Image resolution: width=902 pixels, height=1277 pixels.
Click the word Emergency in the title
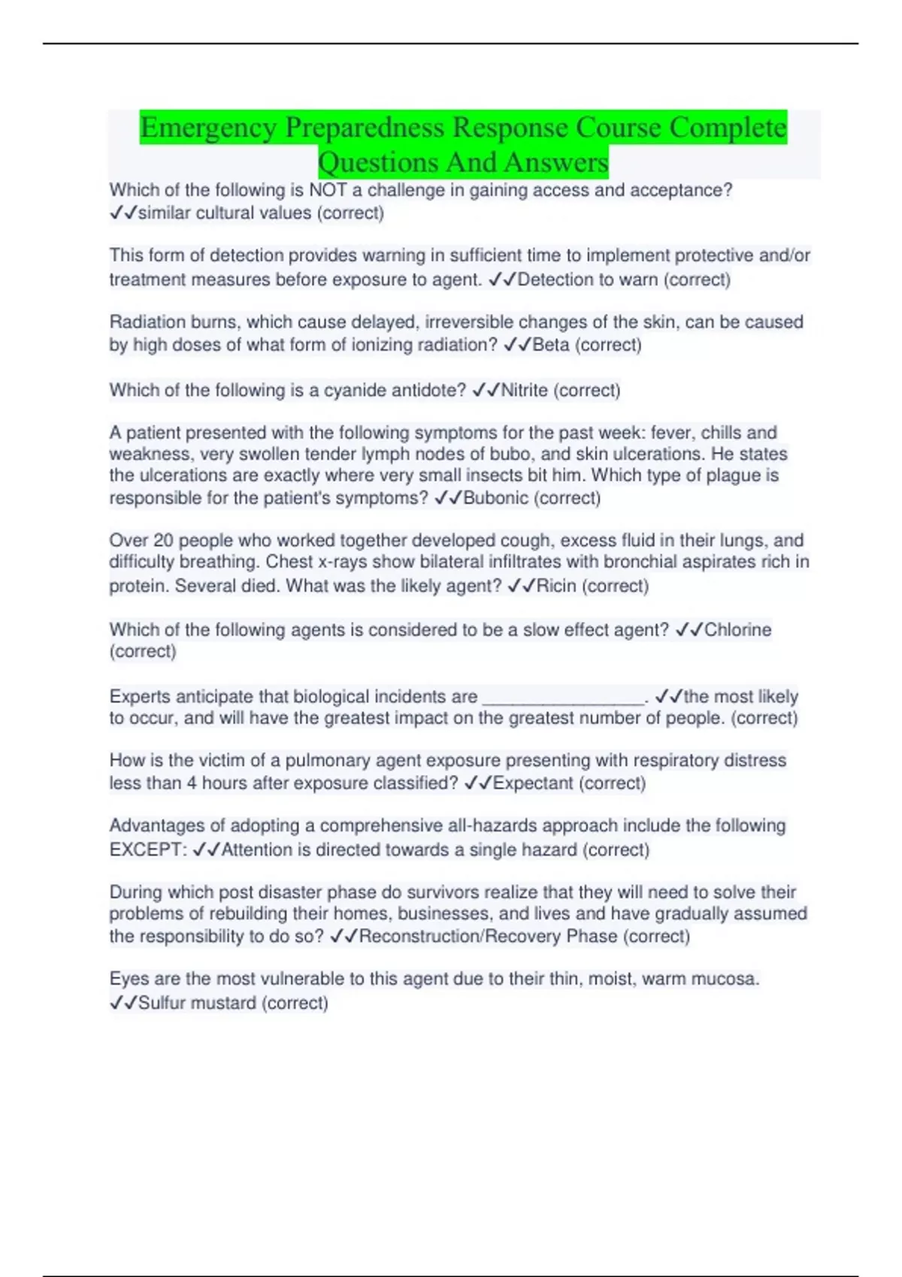pyautogui.click(x=208, y=128)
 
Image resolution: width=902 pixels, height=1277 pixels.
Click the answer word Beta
pyautogui.click(x=550, y=345)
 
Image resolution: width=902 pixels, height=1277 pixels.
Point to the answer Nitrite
pyautogui.click(x=524, y=390)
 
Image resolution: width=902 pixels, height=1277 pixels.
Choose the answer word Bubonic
pyautogui.click(x=495, y=498)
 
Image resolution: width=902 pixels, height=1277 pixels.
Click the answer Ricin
pyautogui.click(x=556, y=586)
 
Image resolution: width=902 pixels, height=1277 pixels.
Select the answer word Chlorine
pyautogui.click(x=737, y=629)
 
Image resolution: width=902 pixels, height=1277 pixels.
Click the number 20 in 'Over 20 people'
pyautogui.click(x=163, y=540)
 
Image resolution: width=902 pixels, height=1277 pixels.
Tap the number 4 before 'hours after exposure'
pyautogui.click(x=192, y=783)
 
